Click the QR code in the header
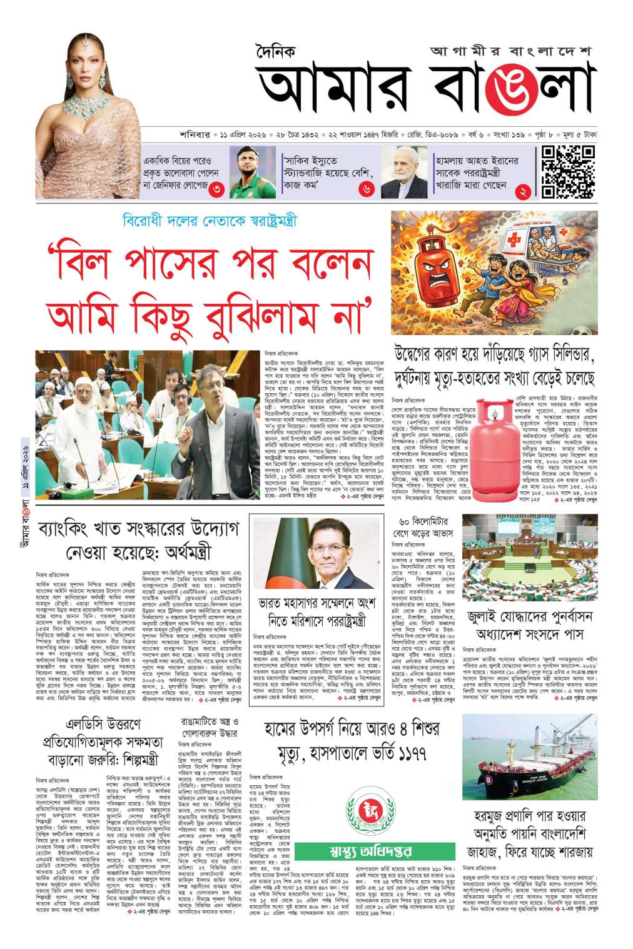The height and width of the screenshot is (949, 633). coord(567,171)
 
